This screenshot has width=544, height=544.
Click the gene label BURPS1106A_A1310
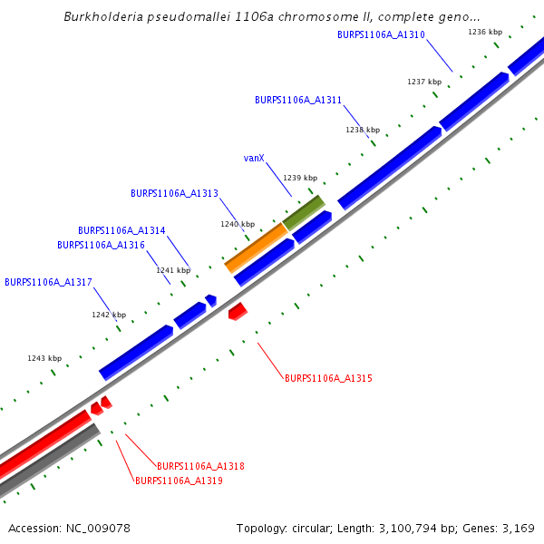click(x=381, y=34)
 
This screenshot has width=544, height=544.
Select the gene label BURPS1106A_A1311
click(x=298, y=100)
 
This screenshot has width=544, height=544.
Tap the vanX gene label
click(x=254, y=158)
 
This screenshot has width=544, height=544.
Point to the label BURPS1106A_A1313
click(x=174, y=193)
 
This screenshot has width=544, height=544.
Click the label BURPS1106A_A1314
click(x=121, y=230)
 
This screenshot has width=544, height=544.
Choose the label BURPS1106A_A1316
click(x=101, y=245)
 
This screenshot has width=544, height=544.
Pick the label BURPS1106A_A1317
click(x=48, y=282)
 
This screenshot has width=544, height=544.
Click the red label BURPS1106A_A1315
click(x=328, y=378)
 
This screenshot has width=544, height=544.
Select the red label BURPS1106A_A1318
click(x=200, y=466)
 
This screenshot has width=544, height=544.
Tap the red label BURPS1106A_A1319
click(x=179, y=481)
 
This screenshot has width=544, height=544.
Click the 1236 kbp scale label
click(x=485, y=32)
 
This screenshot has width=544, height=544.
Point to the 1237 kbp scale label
click(x=424, y=82)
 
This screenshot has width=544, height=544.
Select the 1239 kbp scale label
click(x=300, y=178)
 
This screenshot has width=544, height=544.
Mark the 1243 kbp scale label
click(x=44, y=358)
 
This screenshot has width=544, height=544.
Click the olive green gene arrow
click(x=304, y=212)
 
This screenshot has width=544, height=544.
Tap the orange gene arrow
click(x=257, y=247)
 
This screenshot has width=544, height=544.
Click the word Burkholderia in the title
click(x=105, y=16)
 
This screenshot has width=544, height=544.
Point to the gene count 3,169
click(x=517, y=529)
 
